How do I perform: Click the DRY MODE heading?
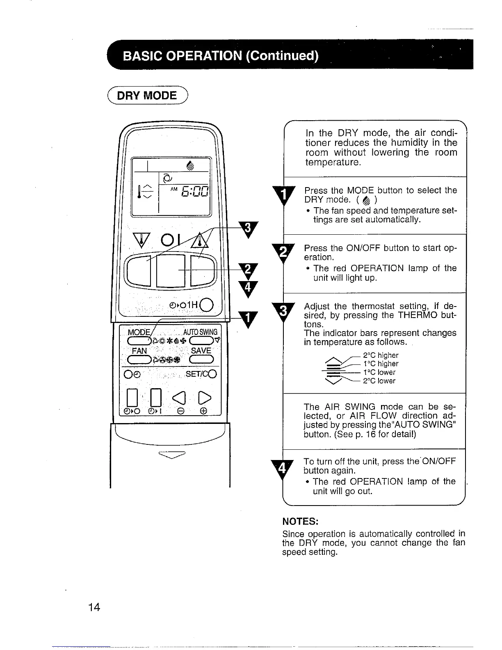point(146,96)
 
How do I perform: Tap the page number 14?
point(94,607)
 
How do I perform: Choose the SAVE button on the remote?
point(201,360)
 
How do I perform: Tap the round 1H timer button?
point(208,304)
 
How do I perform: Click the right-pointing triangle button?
point(204,396)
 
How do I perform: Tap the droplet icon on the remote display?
point(189,165)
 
